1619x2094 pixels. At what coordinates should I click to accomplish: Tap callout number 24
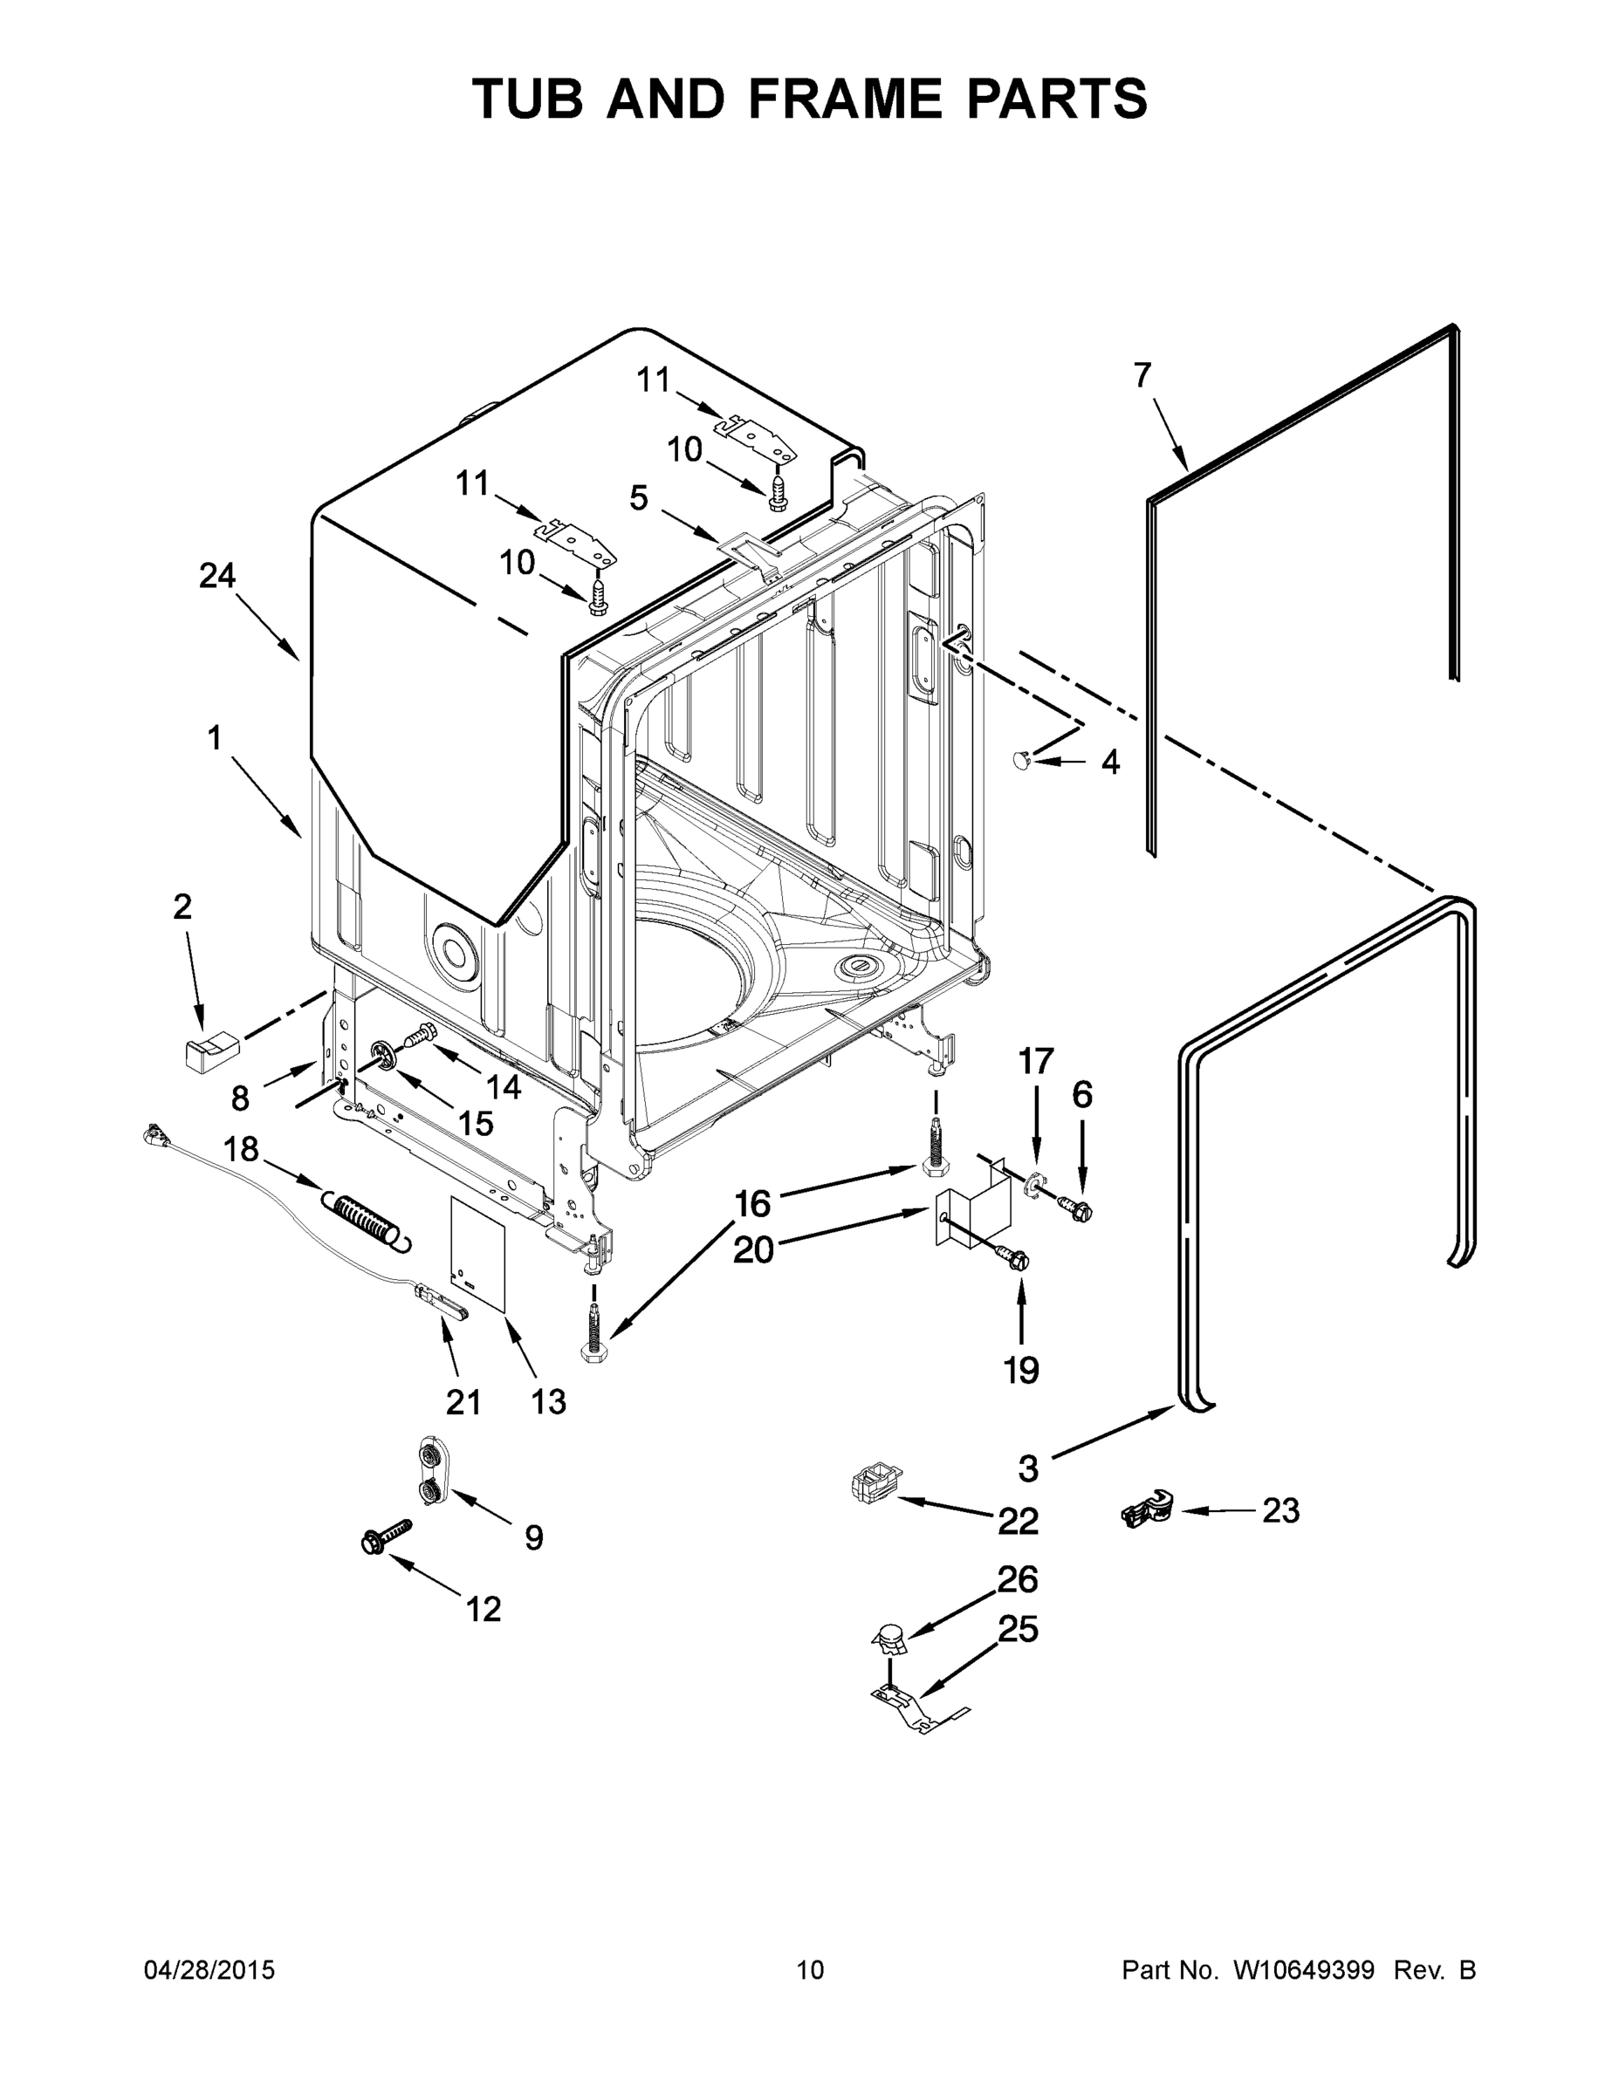217,576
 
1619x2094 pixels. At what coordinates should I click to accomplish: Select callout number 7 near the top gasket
1142,375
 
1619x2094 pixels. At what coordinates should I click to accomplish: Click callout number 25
1019,1629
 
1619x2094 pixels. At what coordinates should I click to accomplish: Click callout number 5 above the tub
639,497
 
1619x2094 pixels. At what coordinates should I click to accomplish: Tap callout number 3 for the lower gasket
1028,1467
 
